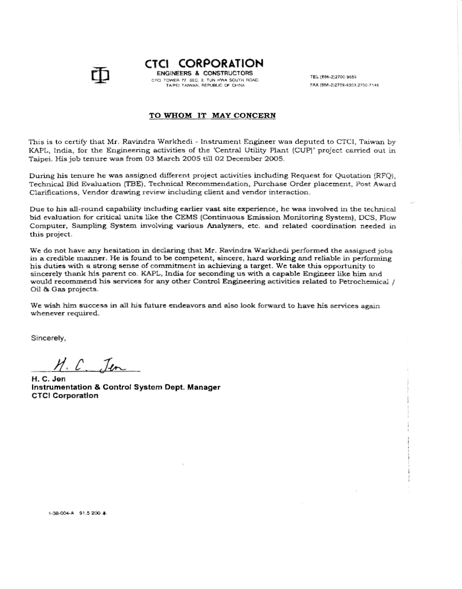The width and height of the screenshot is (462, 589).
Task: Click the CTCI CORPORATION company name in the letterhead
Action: [204, 63]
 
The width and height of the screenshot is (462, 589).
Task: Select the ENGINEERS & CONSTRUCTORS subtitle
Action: [205, 73]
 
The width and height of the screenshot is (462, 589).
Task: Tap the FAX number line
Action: [345, 86]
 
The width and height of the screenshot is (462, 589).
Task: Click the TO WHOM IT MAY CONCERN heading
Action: [212, 115]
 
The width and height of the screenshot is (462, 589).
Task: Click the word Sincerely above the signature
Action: [48, 338]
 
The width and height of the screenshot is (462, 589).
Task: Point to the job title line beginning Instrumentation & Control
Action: [125, 387]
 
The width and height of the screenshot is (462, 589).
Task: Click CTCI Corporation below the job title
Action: [65, 396]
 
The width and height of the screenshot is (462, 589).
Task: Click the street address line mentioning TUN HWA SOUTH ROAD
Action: [206, 80]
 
